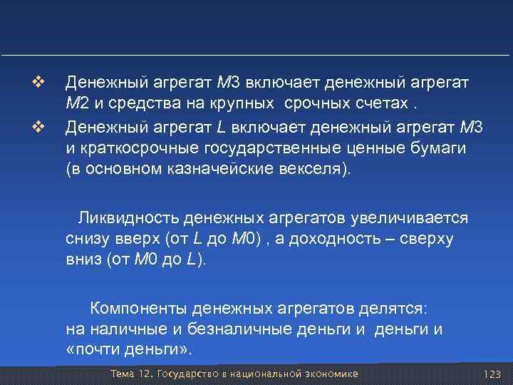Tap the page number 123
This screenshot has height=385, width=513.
tap(492, 374)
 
